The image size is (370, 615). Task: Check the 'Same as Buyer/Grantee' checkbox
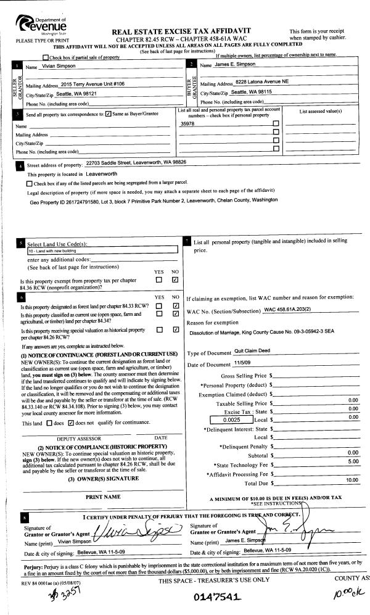click(109, 114)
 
